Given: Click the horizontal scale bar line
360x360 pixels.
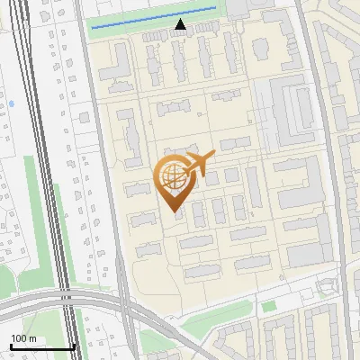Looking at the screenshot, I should click(x=42, y=346).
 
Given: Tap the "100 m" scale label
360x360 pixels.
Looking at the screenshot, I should click(x=23, y=338).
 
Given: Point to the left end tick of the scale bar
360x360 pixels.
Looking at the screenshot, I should click(x=11, y=345).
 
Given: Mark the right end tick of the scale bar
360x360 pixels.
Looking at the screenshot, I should click(x=75, y=345).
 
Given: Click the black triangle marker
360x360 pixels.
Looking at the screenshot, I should click(x=181, y=25).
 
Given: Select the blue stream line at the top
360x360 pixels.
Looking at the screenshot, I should click(x=153, y=18).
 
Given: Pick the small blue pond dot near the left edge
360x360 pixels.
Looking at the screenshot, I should click(x=11, y=104).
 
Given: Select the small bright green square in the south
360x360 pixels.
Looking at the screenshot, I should click(x=267, y=307).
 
